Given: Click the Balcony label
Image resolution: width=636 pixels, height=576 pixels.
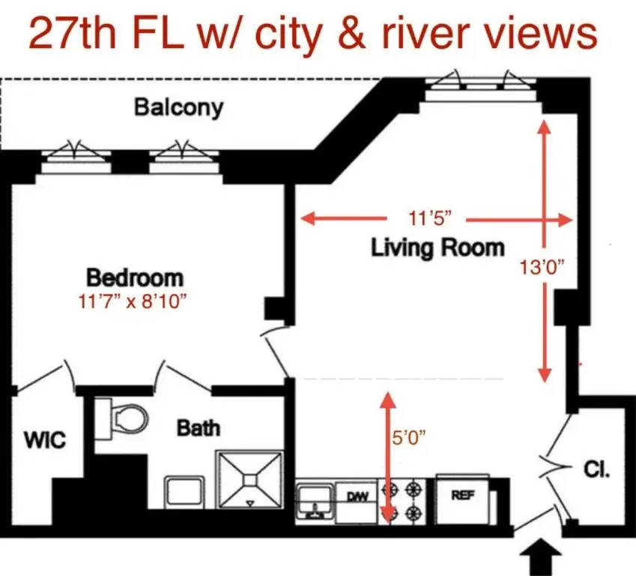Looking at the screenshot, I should point(178,107).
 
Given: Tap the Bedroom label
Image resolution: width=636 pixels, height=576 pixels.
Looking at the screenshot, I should point(135,277).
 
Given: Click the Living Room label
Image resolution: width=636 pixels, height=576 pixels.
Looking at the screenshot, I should point(437,247).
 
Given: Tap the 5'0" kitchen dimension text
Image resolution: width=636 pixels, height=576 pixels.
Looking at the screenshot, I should point(408,437).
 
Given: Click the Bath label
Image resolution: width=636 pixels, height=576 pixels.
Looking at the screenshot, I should point(199,428).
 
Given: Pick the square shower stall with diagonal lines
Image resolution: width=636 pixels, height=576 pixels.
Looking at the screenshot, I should point(250,478).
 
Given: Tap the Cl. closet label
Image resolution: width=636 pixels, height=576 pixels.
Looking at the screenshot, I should point(596,471).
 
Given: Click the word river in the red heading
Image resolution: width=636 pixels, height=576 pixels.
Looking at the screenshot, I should point(422,34).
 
